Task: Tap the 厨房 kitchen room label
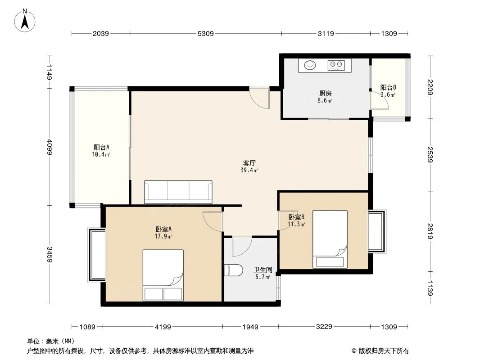click(325, 94)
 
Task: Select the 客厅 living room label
click(250, 163)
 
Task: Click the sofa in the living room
click(178, 192)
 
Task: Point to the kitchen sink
click(310, 65)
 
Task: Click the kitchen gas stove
click(336, 65)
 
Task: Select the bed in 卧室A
click(163, 275)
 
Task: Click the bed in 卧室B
click(330, 239)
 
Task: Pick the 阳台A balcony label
click(102, 147)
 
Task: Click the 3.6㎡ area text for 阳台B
click(388, 95)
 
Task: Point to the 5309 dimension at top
click(206, 33)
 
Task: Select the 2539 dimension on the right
click(430, 155)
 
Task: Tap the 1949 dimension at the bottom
click(250, 327)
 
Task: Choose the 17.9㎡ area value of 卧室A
click(163, 236)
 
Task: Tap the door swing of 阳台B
click(380, 101)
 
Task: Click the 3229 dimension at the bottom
click(324, 327)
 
